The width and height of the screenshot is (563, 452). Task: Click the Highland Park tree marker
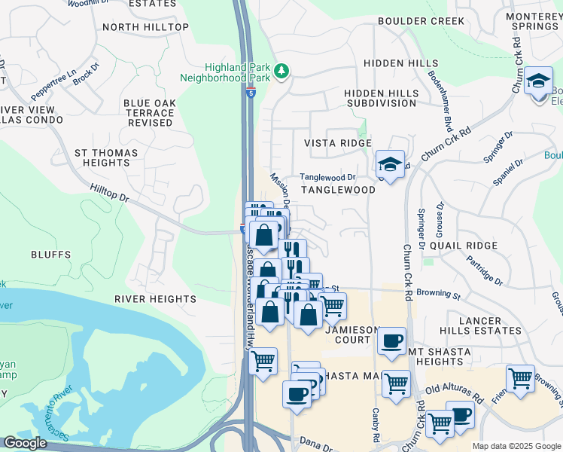(x=282, y=71)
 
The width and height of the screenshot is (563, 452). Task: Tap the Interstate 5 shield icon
(x=250, y=92)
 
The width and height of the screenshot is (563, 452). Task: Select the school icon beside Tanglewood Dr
(x=390, y=164)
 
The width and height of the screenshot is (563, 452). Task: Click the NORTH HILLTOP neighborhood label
(x=145, y=27)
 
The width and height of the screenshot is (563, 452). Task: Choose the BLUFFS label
(x=51, y=255)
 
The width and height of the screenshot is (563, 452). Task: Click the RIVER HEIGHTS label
(x=155, y=299)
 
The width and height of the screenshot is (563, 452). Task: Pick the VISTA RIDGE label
(x=337, y=143)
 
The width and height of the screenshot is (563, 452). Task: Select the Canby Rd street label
(x=375, y=425)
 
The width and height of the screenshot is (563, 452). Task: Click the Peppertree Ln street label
(x=54, y=87)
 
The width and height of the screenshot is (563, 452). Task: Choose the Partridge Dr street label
(x=483, y=269)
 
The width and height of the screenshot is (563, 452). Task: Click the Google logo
(x=25, y=443)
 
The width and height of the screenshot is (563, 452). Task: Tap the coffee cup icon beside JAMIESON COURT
(x=391, y=341)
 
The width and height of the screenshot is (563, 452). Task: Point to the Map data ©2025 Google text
(x=516, y=446)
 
